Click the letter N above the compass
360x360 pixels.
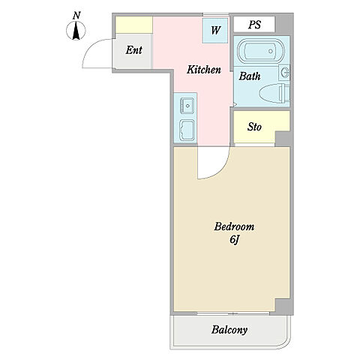(x=76, y=16)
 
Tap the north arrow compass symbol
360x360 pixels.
(x=76, y=31)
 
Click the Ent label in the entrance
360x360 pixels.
(x=134, y=50)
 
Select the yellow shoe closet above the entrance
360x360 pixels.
(x=134, y=25)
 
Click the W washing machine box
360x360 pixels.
(x=215, y=31)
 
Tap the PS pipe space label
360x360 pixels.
(x=255, y=25)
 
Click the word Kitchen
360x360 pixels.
(x=204, y=70)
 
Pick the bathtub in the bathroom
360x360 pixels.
(x=260, y=51)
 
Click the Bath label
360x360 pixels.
(x=250, y=76)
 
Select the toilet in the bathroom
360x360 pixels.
(x=274, y=94)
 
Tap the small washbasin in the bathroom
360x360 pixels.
(x=284, y=73)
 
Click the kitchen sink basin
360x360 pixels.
(x=187, y=106)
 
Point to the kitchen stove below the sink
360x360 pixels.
(x=187, y=130)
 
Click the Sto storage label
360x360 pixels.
(x=254, y=127)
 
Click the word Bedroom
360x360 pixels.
(x=234, y=226)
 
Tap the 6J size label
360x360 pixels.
(x=235, y=240)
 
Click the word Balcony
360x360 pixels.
(x=229, y=330)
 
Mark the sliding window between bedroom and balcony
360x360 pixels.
(x=233, y=313)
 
